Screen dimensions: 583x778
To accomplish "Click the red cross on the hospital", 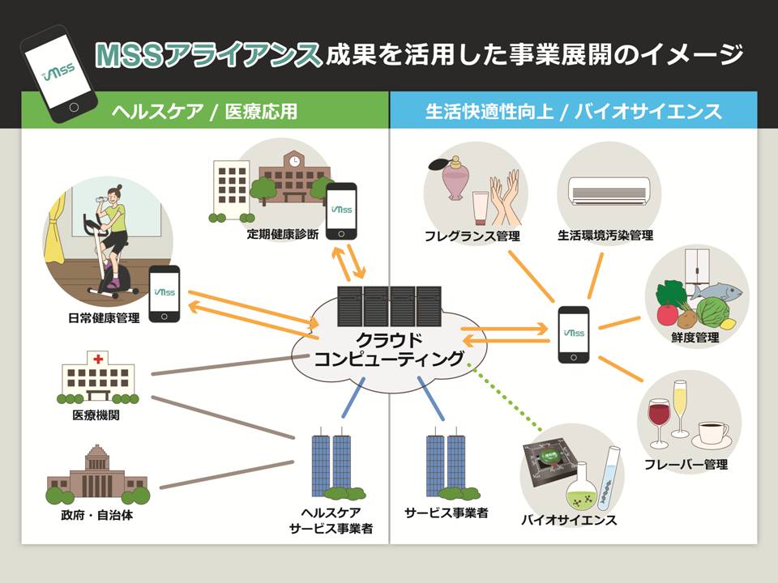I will pyautogui.click(x=98, y=358).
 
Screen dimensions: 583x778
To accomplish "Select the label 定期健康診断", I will pyautogui.click(x=284, y=235).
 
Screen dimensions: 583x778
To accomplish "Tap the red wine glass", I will pyautogui.click(x=659, y=418).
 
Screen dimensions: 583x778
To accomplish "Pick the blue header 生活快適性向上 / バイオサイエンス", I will pyautogui.click(x=573, y=112).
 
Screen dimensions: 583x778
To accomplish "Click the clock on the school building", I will pyautogui.click(x=294, y=161).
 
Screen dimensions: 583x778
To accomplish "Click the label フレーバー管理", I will pyautogui.click(x=686, y=465).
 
